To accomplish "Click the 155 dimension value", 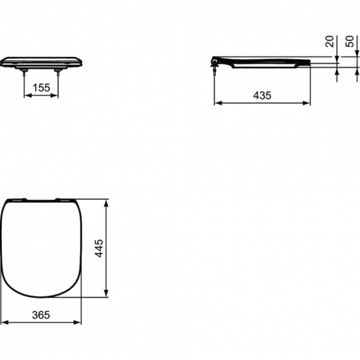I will (41, 88).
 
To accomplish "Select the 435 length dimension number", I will (262, 95).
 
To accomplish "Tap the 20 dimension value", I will (329, 41).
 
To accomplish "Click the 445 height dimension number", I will (100, 248).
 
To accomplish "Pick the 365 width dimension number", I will (41, 314).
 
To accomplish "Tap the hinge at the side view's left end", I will (215, 61).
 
